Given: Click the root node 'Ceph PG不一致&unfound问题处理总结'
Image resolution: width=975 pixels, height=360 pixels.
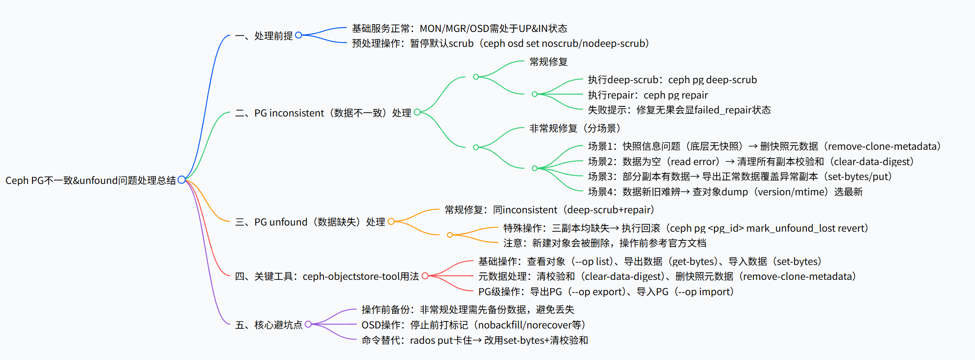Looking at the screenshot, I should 90,180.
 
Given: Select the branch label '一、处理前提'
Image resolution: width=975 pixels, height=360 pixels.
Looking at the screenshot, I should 264,35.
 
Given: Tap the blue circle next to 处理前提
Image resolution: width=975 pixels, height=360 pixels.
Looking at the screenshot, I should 299,35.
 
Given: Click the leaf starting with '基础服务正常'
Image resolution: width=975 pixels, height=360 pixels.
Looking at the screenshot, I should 459,28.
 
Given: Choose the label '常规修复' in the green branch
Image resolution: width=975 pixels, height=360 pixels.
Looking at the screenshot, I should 548,62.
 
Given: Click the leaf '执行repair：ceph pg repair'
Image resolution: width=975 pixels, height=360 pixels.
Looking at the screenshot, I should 647,95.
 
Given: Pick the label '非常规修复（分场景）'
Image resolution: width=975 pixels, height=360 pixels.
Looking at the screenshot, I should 575,128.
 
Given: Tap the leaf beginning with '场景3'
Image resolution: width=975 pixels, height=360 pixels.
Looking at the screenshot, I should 739,176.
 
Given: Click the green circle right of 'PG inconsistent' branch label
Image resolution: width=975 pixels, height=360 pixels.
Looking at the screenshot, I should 417,112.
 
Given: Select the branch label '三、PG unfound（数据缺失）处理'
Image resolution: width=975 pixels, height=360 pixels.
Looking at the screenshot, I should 310,222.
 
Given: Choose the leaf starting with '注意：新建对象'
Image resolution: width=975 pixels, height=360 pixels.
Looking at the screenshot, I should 604,243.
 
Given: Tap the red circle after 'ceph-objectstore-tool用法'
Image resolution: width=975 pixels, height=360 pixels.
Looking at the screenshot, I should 425,276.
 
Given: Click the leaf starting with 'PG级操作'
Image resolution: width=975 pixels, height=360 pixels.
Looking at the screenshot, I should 605,292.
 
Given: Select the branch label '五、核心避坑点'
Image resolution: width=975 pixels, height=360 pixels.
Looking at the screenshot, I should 268,325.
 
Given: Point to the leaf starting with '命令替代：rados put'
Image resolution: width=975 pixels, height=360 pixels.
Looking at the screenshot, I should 474,340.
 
